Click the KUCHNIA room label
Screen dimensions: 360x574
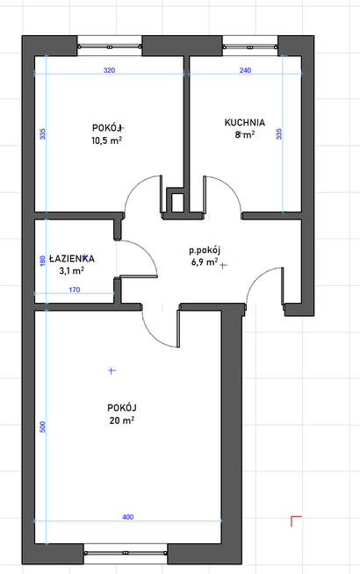pyautogui.click(x=245, y=122)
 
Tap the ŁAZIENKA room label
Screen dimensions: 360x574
pyautogui.click(x=72, y=258)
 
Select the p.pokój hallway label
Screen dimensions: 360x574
pyautogui.click(x=205, y=251)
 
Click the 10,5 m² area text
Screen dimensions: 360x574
pyautogui.click(x=106, y=140)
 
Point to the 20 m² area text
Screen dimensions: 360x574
pyautogui.click(x=121, y=420)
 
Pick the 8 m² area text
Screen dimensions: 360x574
pyautogui.click(x=245, y=134)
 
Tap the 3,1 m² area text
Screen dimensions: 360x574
pyautogui.click(x=72, y=271)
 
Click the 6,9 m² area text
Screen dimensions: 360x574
pyautogui.click(x=205, y=262)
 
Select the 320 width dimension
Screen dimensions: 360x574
pyautogui.click(x=109, y=70)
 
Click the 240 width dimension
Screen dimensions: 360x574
pyautogui.click(x=245, y=70)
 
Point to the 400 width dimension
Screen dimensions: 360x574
pyautogui.click(x=128, y=517)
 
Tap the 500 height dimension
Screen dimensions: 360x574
pyautogui.click(x=43, y=427)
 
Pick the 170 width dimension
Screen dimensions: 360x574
pyautogui.click(x=75, y=290)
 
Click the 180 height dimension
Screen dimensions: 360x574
pyautogui.click(x=42, y=261)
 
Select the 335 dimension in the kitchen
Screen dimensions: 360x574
pyautogui.click(x=279, y=133)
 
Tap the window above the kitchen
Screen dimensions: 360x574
pyautogui.click(x=249, y=47)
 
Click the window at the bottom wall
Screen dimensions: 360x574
pyautogui.click(x=126, y=553)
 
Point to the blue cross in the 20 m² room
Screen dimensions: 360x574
pyautogui.click(x=112, y=370)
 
